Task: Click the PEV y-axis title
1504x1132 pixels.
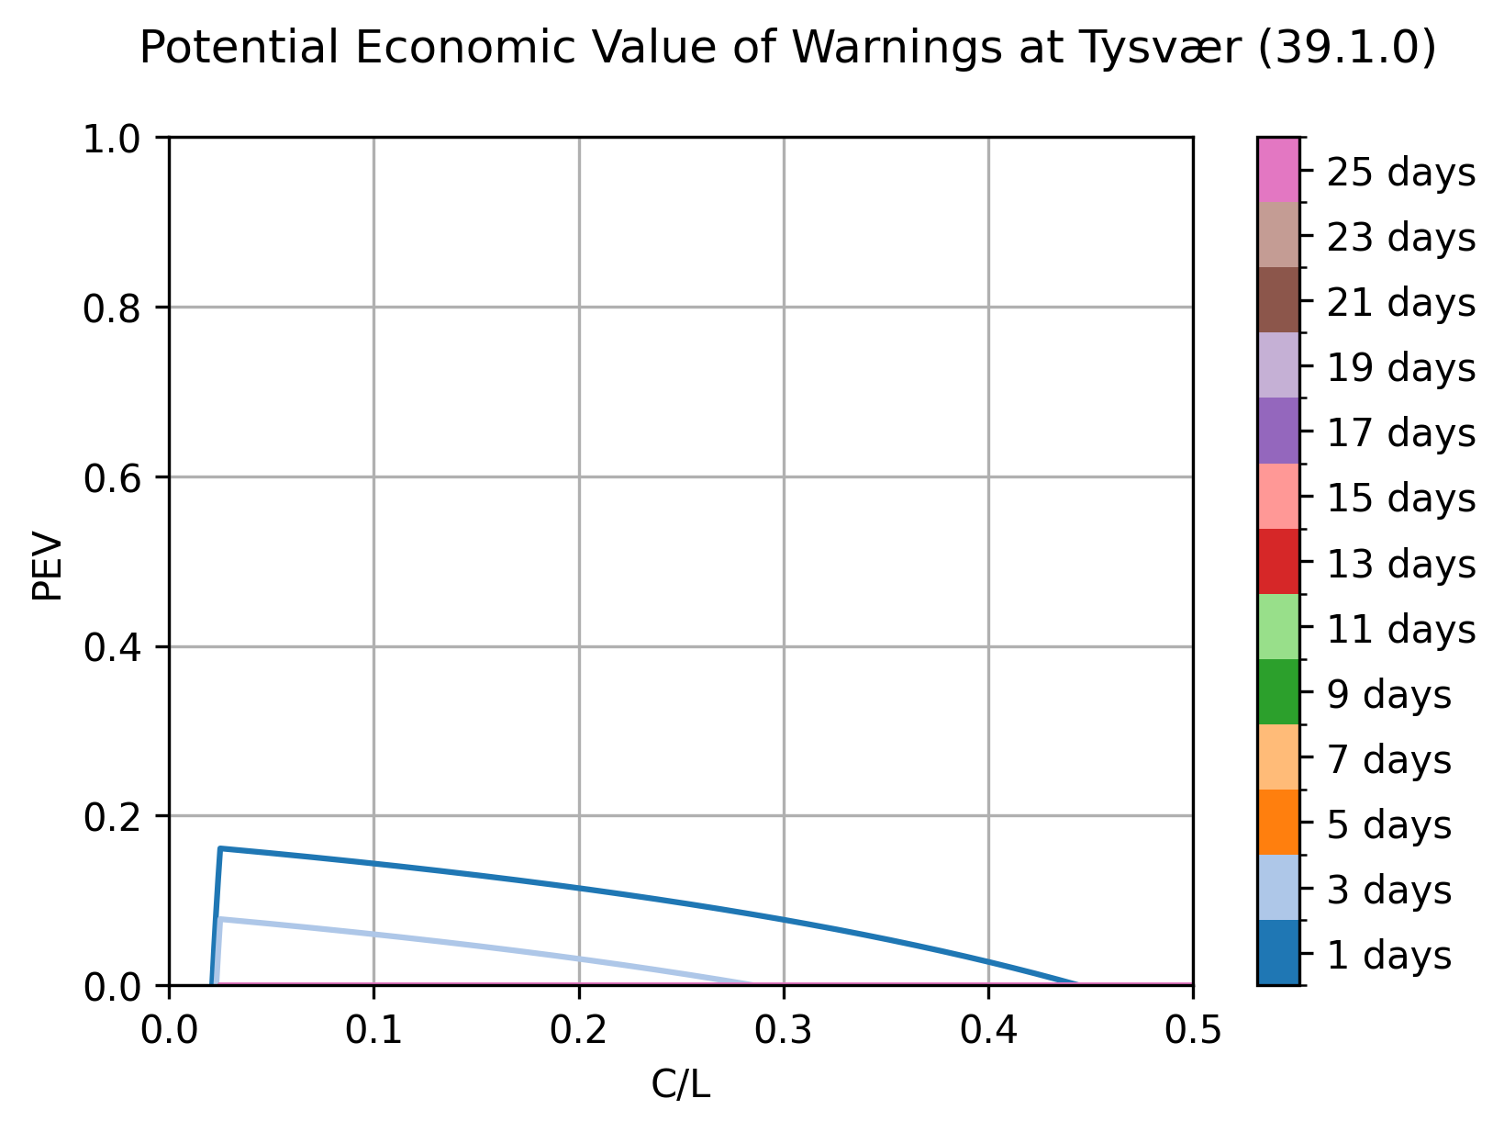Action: (48, 566)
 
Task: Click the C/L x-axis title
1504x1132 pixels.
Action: (680, 1085)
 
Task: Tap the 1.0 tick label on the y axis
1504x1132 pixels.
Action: (111, 140)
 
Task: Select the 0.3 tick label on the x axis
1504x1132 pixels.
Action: (783, 1030)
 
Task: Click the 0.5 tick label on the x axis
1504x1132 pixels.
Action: (1193, 1030)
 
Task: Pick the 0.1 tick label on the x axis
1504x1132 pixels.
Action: (373, 1030)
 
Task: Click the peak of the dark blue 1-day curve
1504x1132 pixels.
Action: (220, 848)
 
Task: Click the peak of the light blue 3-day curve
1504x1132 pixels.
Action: (219, 919)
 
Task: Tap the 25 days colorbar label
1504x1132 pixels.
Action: (1400, 172)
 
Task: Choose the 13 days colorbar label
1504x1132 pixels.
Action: (1400, 564)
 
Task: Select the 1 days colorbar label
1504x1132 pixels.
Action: (1389, 955)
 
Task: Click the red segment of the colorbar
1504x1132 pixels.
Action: (1278, 561)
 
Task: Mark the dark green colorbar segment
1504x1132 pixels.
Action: (1278, 691)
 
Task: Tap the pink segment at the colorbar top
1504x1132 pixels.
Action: (1278, 170)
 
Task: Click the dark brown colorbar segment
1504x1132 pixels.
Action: (1278, 300)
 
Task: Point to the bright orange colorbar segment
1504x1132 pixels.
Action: (1278, 823)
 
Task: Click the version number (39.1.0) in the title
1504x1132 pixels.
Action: (1346, 48)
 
